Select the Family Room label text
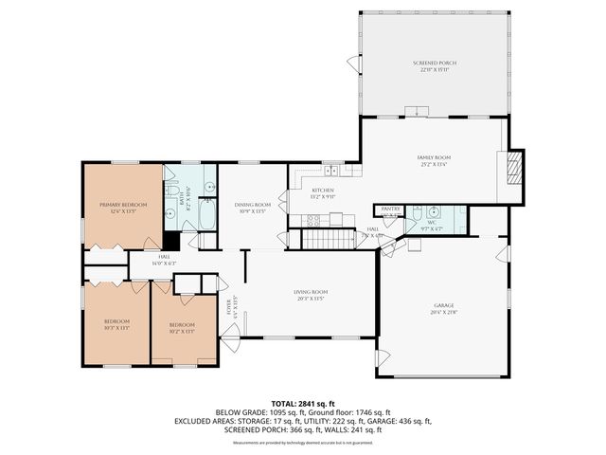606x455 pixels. click(434, 157)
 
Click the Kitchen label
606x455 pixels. click(323, 191)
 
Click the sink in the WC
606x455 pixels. click(457, 211)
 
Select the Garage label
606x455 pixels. click(442, 305)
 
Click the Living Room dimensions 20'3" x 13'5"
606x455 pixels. click(309, 299)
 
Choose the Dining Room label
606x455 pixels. click(254, 205)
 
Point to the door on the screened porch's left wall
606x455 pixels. click(353, 64)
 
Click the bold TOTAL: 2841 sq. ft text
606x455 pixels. click(302, 403)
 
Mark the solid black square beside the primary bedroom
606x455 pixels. click(170, 242)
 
